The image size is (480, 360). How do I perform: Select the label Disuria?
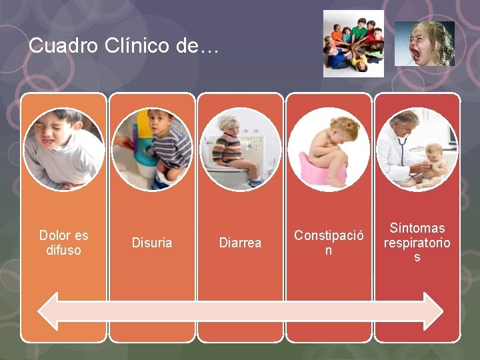point(152,243)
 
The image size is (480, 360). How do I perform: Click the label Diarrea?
point(240,243)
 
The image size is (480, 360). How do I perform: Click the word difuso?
point(63,251)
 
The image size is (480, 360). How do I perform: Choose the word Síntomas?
point(417,228)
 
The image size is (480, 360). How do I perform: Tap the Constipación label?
point(329,243)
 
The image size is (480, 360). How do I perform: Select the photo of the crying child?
point(424,43)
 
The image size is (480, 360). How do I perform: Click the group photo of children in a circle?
point(353,43)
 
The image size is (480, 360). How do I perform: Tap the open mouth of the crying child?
point(417,54)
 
